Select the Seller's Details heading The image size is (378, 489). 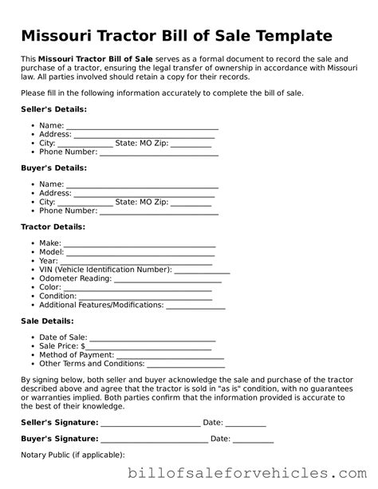(x=53, y=108)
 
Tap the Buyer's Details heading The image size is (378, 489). (x=53, y=168)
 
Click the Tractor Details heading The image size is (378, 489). (x=53, y=227)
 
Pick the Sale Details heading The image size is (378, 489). (x=47, y=321)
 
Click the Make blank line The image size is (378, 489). (x=139, y=244)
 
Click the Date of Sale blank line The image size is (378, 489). (x=152, y=338)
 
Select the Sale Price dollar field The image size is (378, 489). (x=147, y=347)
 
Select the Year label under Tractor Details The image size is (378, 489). (x=48, y=261)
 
